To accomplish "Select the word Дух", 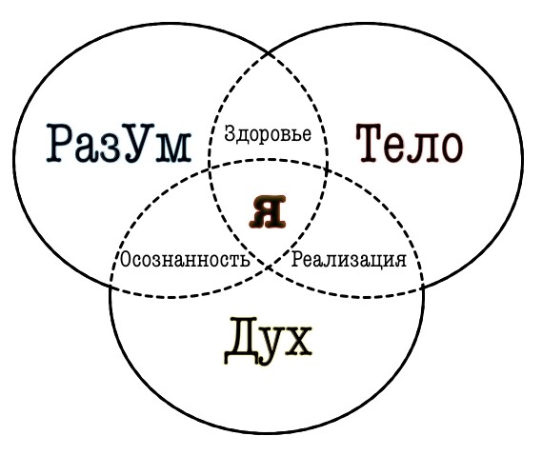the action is pos(268,341).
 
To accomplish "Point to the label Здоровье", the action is pos(268,134).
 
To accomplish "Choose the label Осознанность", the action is pos(184,259).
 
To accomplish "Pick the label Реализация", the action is pos(350,260).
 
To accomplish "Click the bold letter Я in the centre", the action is pos(268,211).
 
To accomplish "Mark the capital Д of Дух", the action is pos(240,341).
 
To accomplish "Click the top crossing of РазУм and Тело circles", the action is pos(269,54).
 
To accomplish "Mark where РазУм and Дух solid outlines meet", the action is pos(110,286).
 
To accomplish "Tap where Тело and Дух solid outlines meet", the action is pos(423,286).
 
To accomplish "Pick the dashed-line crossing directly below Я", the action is pos(269,267).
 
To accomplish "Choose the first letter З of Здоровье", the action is pos(230,134).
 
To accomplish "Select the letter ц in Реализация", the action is pos(374,261).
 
